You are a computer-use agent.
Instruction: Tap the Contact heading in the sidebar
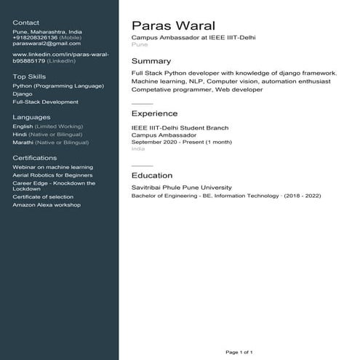coord(26,23)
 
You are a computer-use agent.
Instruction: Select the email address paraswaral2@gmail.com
coord(47,44)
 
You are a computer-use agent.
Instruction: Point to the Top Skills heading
coord(29,76)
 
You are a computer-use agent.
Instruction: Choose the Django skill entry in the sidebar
coord(22,94)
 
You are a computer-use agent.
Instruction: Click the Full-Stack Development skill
coord(45,102)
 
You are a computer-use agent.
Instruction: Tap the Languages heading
coord(31,116)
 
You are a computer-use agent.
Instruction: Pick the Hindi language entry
coord(20,135)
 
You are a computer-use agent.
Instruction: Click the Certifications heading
coord(35,157)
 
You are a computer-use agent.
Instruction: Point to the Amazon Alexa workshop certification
coord(47,204)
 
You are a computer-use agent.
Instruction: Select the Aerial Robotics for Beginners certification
coord(52,175)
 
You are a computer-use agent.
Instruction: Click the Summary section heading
coord(151,61)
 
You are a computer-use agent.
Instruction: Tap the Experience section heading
coord(154,113)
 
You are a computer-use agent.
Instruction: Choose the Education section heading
coord(152,175)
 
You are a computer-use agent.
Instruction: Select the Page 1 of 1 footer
coord(239,352)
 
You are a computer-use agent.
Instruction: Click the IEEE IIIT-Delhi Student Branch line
coord(180,128)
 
